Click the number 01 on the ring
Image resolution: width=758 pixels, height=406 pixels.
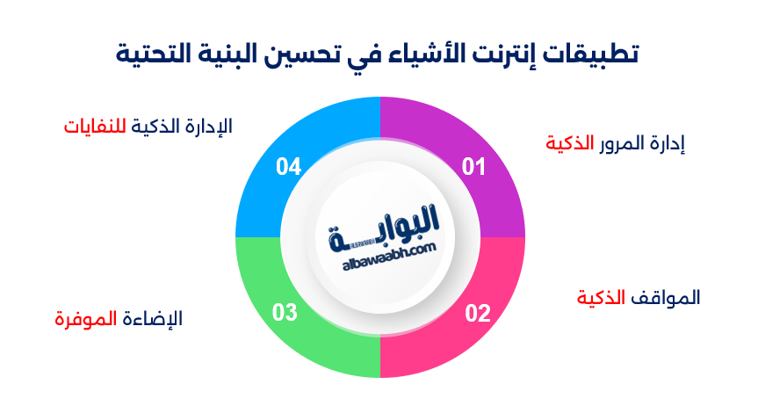pos(473,166)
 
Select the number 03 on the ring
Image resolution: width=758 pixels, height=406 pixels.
pos(285,313)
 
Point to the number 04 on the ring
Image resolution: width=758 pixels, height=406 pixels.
pos(288,166)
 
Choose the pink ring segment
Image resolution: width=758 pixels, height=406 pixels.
pos(457,343)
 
